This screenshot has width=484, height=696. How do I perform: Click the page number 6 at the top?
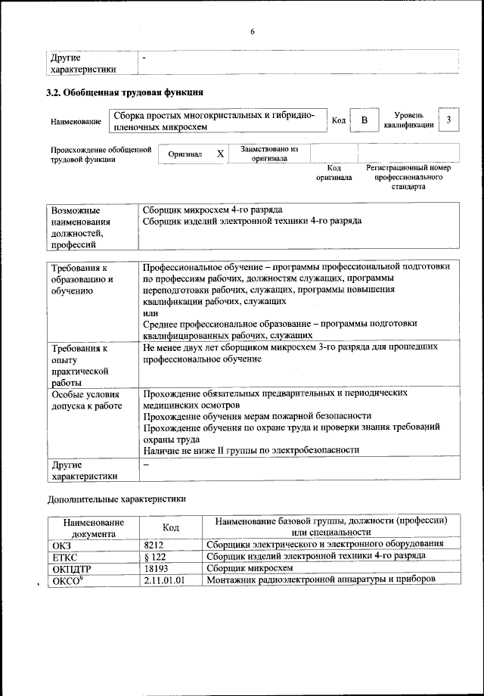pos(253,31)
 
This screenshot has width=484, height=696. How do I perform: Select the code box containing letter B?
pos(364,121)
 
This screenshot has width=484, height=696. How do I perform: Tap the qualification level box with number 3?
pos(449,120)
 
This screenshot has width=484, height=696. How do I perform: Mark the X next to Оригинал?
pos(220,154)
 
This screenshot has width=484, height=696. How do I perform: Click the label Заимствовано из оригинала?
pos(269,154)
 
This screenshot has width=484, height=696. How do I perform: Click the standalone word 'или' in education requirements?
pos(150,312)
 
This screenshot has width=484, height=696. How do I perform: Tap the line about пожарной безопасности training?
pos(257,416)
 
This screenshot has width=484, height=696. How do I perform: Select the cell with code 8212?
pos(154,544)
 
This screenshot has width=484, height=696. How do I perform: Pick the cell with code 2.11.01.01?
pos(164,579)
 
